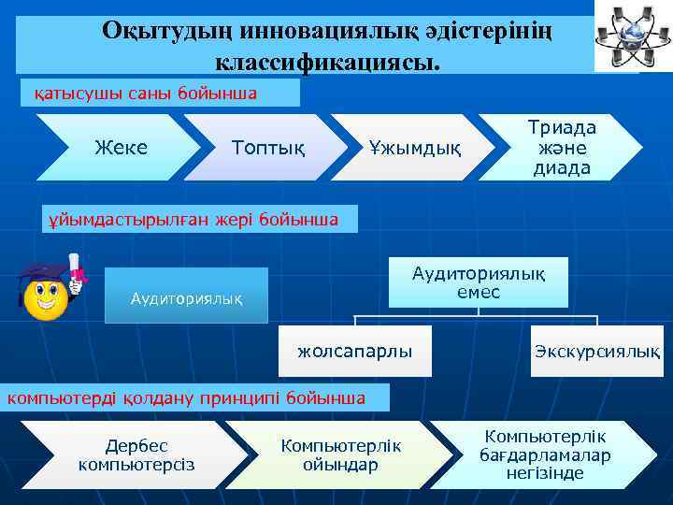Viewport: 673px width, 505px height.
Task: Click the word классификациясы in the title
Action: [327, 63]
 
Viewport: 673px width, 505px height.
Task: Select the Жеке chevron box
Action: [122, 147]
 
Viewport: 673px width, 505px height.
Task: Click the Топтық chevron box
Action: [266, 147]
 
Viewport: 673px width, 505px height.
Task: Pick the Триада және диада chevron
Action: [561, 147]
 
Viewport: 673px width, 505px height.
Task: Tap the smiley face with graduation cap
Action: [47, 293]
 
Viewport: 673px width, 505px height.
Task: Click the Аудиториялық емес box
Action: [478, 281]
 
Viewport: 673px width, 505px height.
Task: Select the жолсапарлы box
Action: [354, 352]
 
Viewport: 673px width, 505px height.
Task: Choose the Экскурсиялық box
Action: [596, 352]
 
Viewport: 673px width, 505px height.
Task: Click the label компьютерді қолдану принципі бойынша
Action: [187, 397]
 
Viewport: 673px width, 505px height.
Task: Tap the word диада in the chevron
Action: [561, 168]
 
